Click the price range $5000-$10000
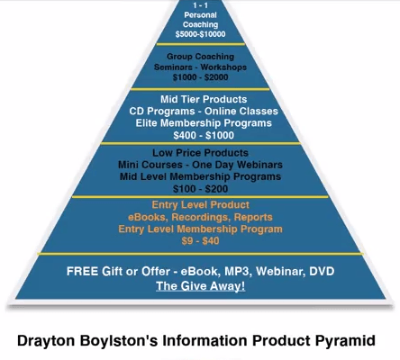(x=200, y=34)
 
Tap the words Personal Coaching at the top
(x=200, y=20)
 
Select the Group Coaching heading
(x=200, y=57)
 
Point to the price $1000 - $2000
(x=200, y=77)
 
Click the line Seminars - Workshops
(x=200, y=67)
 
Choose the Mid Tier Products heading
(x=204, y=99)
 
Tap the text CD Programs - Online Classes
(x=204, y=111)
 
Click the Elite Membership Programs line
(x=204, y=123)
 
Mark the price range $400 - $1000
(x=204, y=135)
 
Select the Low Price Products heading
(x=200, y=153)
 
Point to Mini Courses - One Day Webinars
(x=200, y=165)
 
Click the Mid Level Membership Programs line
(x=200, y=176)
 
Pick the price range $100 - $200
(x=200, y=189)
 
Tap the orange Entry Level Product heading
(x=200, y=205)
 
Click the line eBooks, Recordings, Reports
(x=200, y=217)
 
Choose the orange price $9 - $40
(x=200, y=241)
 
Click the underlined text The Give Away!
(x=200, y=286)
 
